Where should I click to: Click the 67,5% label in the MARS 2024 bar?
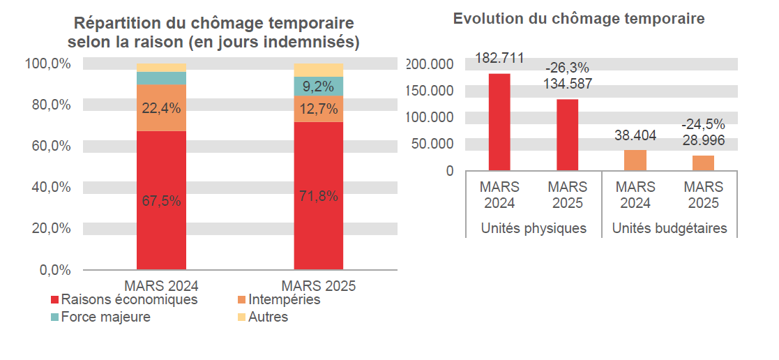coord(161,201)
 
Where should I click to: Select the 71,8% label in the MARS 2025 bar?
coord(319,196)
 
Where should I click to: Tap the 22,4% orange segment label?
coord(161,108)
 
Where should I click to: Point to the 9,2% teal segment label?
coord(319,87)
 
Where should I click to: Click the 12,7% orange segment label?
coord(319,109)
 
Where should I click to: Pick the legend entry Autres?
coord(267,317)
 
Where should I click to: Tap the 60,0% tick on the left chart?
coord(48,146)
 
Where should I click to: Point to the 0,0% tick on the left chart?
coord(53,269)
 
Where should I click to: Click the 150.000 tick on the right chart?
coord(430,91)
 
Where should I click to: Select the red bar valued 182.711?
coord(499,121)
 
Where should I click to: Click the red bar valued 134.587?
coord(567,134)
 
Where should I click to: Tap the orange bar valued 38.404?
coord(635,160)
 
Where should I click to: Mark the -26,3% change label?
coord(567,68)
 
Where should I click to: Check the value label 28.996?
coord(703,140)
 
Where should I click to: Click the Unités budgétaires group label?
coord(670,228)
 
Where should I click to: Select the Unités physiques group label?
coord(534,228)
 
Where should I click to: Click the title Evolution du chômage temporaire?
coord(579,19)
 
